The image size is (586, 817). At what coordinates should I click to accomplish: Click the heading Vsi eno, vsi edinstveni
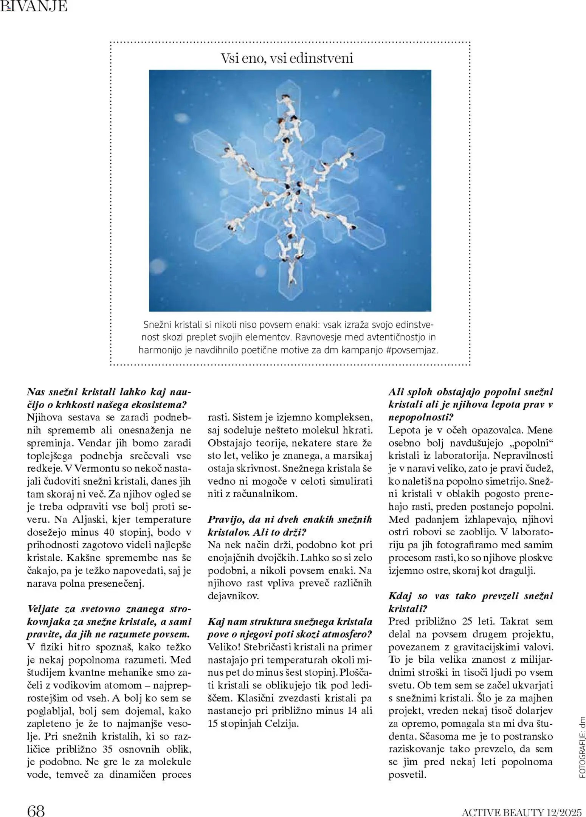tap(287, 58)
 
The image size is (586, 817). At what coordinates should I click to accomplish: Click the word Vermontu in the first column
tap(93, 468)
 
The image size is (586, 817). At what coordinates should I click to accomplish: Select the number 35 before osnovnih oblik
tap(108, 749)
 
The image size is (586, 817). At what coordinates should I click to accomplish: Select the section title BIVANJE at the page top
tap(34, 6)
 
